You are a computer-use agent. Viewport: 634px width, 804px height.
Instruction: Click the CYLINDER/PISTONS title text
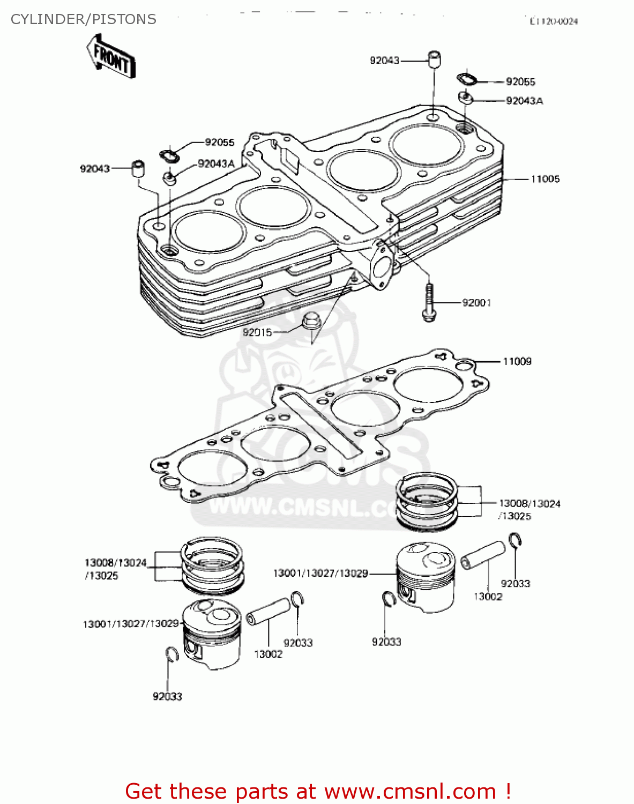click(84, 19)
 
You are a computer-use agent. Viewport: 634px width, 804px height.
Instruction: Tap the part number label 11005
click(545, 179)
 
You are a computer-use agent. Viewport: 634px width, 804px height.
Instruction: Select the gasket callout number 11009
click(517, 361)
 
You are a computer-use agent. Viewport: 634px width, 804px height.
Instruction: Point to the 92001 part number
click(476, 303)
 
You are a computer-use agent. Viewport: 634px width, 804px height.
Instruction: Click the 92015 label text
click(257, 332)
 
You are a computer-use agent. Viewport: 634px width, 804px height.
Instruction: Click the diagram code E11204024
click(553, 21)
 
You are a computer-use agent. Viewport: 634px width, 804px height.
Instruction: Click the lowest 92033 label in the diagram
click(167, 696)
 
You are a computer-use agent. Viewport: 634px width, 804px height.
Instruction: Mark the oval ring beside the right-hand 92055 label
click(466, 79)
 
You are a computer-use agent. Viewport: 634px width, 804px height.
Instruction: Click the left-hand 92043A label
click(216, 163)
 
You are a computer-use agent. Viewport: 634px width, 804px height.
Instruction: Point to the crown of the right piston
click(426, 557)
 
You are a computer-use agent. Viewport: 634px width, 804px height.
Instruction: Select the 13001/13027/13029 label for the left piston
click(131, 624)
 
